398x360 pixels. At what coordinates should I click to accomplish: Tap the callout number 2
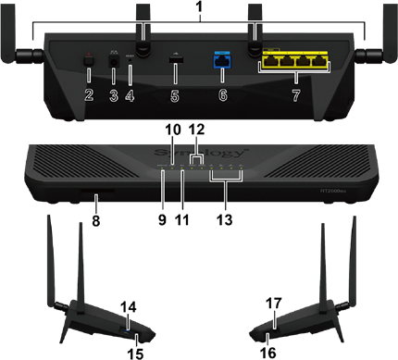pyautogui.click(x=88, y=95)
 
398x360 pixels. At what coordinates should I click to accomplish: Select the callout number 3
pyautogui.click(x=113, y=95)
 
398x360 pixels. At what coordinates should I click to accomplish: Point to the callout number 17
pyautogui.click(x=274, y=304)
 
